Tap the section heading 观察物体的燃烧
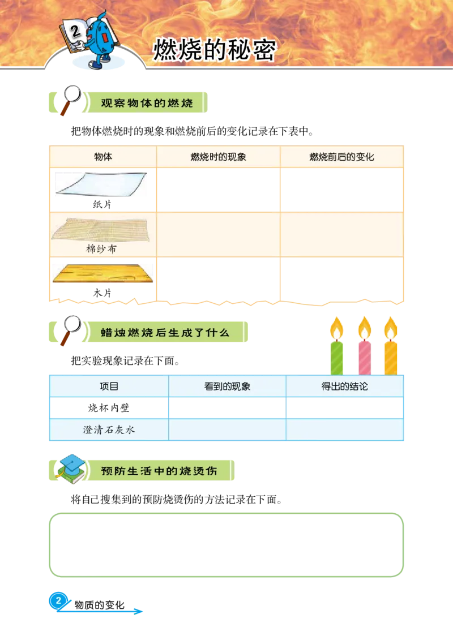(x=147, y=103)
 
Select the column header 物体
(x=103, y=157)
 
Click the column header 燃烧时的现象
(x=218, y=157)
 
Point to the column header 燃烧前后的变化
(x=341, y=157)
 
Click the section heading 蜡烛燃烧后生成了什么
(x=165, y=332)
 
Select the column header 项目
(x=109, y=386)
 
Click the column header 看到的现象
(x=227, y=386)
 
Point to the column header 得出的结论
(x=344, y=386)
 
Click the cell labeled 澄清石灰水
(x=109, y=429)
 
